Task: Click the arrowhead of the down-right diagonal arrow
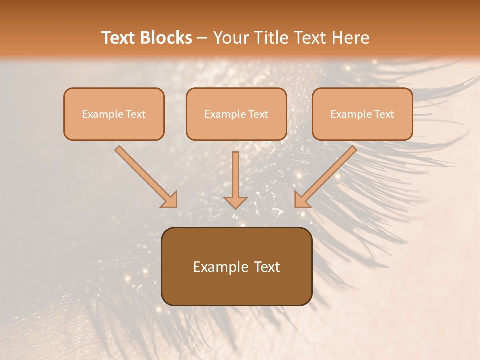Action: click(x=170, y=200)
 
